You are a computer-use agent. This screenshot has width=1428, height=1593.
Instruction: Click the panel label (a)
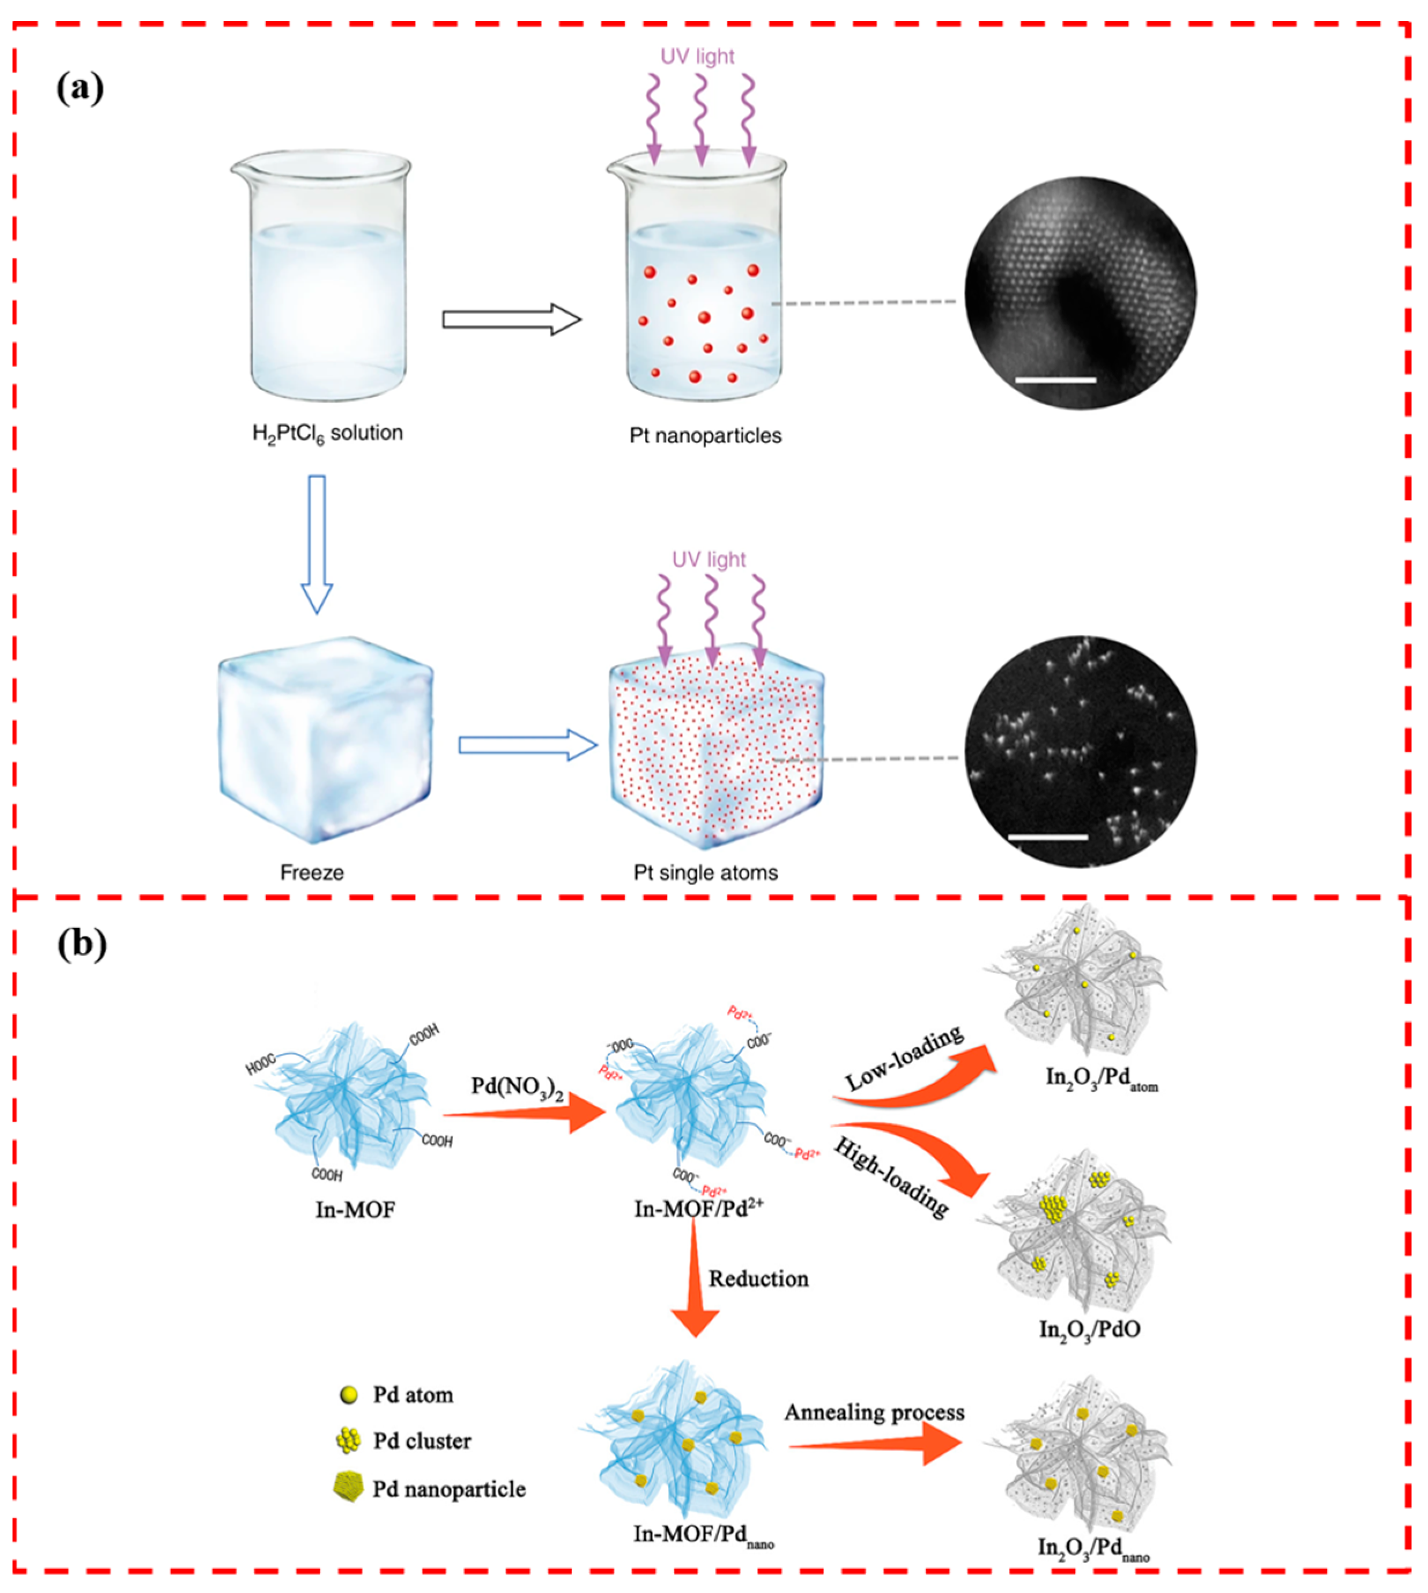[80, 87]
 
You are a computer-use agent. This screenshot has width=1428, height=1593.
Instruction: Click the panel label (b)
[81, 944]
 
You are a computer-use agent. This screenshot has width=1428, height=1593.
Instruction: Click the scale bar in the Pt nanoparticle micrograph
[1055, 380]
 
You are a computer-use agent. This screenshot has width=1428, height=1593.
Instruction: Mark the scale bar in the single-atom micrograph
[1048, 838]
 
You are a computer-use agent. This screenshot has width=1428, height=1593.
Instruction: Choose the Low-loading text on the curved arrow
[904, 1059]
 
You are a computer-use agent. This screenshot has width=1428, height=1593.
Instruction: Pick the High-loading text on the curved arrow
[891, 1178]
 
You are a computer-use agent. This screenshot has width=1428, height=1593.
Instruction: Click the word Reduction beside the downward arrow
[758, 1279]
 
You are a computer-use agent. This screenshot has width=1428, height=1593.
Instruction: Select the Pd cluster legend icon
[347, 1441]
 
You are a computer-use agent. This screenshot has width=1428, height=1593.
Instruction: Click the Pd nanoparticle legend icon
[347, 1488]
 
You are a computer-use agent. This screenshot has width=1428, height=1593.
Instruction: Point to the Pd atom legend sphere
[348, 1395]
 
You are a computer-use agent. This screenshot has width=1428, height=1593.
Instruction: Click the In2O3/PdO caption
[1089, 1329]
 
